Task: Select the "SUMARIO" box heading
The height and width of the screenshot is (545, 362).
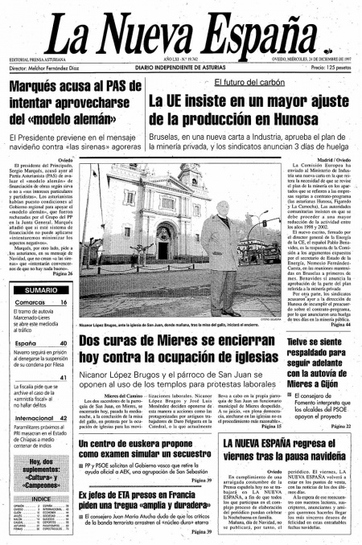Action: click(40, 289)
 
